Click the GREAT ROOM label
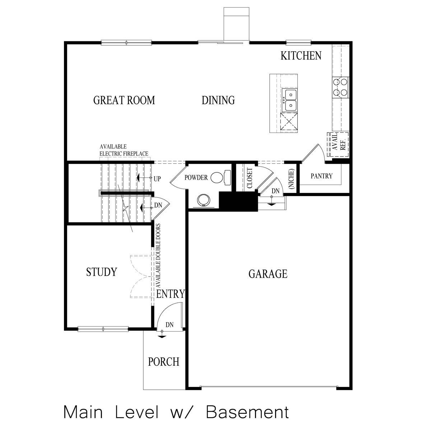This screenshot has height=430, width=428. (x=124, y=100)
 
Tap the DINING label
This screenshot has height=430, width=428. (x=218, y=100)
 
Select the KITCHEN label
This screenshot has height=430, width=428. (x=301, y=56)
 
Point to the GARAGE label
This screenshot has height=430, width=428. (x=268, y=274)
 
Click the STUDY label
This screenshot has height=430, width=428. (x=102, y=272)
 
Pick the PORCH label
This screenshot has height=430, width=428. (x=163, y=361)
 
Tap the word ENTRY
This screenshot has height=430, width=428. (x=171, y=294)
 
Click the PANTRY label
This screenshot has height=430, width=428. (x=321, y=176)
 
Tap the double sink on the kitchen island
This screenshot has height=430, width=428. (x=289, y=100)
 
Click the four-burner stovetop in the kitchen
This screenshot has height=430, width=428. (x=340, y=87)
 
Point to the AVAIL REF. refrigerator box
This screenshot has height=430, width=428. (x=338, y=145)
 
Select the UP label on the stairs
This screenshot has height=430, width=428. (x=157, y=178)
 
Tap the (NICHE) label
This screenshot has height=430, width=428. (x=291, y=179)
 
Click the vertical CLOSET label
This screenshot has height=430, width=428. (x=249, y=178)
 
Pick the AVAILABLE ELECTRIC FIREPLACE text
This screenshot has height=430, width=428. (x=124, y=150)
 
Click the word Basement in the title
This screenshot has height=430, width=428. (x=247, y=412)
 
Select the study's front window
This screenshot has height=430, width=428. (x=103, y=329)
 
